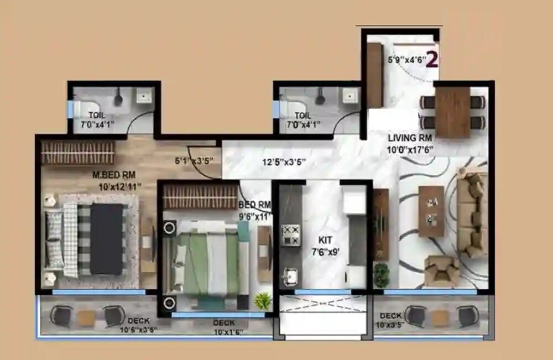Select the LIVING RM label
(x=410, y=138)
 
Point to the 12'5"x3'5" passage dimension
(x=284, y=163)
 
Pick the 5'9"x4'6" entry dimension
(x=405, y=59)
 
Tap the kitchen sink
(x=289, y=274)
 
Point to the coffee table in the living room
(x=432, y=211)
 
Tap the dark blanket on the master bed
(x=106, y=239)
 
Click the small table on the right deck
(x=440, y=317)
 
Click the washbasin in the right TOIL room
(x=349, y=96)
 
